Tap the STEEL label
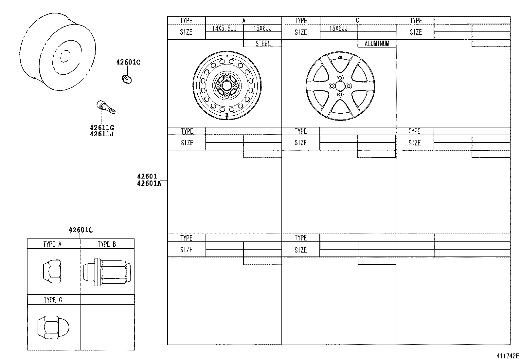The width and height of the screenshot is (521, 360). [x=263, y=43]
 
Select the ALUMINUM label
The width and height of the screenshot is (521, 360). [x=377, y=43]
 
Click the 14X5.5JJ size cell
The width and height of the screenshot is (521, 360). [x=225, y=28]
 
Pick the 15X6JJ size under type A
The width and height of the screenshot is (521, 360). [x=263, y=28]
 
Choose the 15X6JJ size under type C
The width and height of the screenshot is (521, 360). [x=339, y=28]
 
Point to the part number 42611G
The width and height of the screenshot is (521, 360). [x=102, y=128]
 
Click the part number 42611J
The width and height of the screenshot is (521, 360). [x=102, y=134]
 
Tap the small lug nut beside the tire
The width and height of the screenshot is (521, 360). [x=126, y=79]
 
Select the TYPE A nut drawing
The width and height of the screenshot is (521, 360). [x=52, y=271]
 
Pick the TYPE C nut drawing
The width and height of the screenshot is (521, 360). [x=53, y=327]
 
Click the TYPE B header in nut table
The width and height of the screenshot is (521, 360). [x=107, y=244]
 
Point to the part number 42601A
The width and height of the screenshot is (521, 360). [x=149, y=183]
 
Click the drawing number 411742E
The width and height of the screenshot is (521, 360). [x=507, y=356]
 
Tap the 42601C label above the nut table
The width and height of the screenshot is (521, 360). [x=81, y=230]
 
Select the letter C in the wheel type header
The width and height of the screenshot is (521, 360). [x=357, y=20]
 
